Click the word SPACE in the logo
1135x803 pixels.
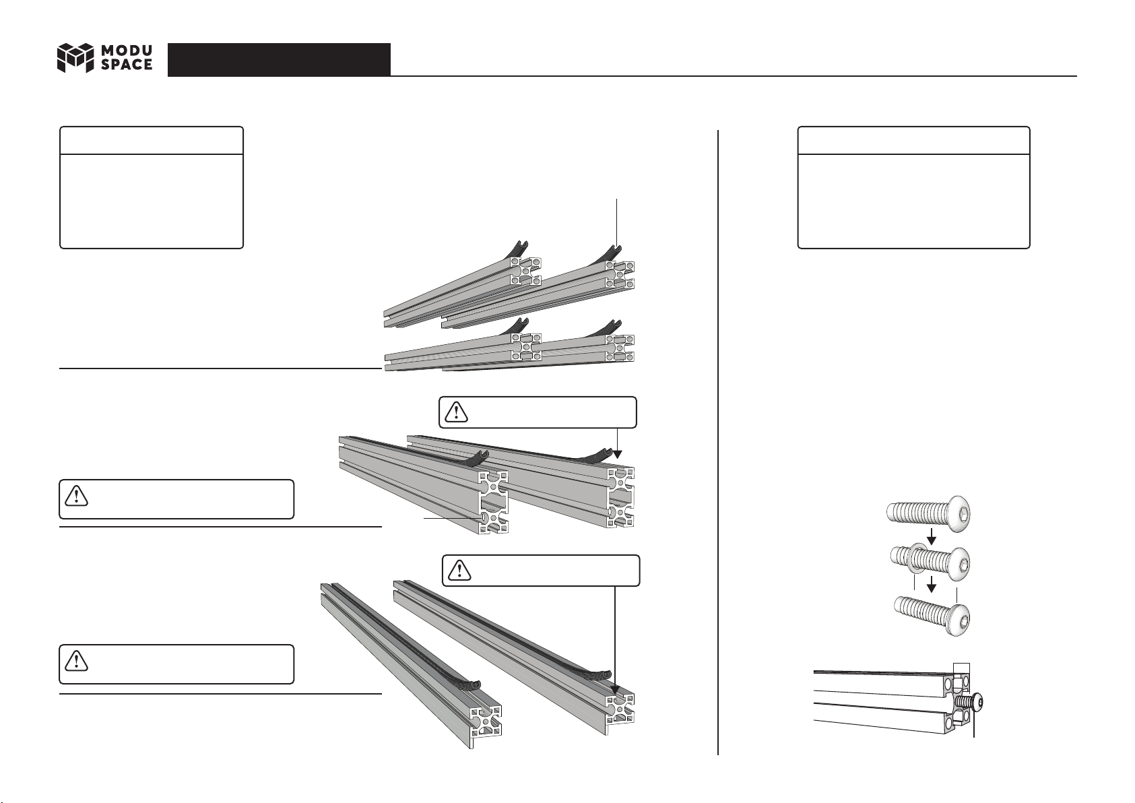pyautogui.click(x=127, y=65)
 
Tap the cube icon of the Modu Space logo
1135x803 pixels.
pyautogui.click(x=74, y=58)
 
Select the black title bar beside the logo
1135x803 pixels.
pyautogui.click(x=279, y=59)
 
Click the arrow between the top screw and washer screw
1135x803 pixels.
pyautogui.click(x=931, y=537)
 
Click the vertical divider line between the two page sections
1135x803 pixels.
pyautogui.click(x=718, y=438)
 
